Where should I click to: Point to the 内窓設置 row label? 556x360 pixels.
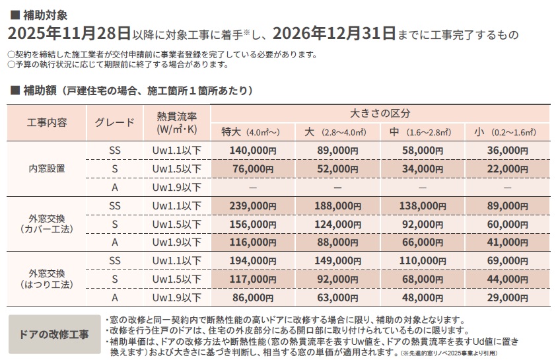46,168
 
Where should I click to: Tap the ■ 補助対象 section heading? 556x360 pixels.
38,13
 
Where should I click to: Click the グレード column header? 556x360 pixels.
115,122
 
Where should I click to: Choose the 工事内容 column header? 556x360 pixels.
46,122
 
